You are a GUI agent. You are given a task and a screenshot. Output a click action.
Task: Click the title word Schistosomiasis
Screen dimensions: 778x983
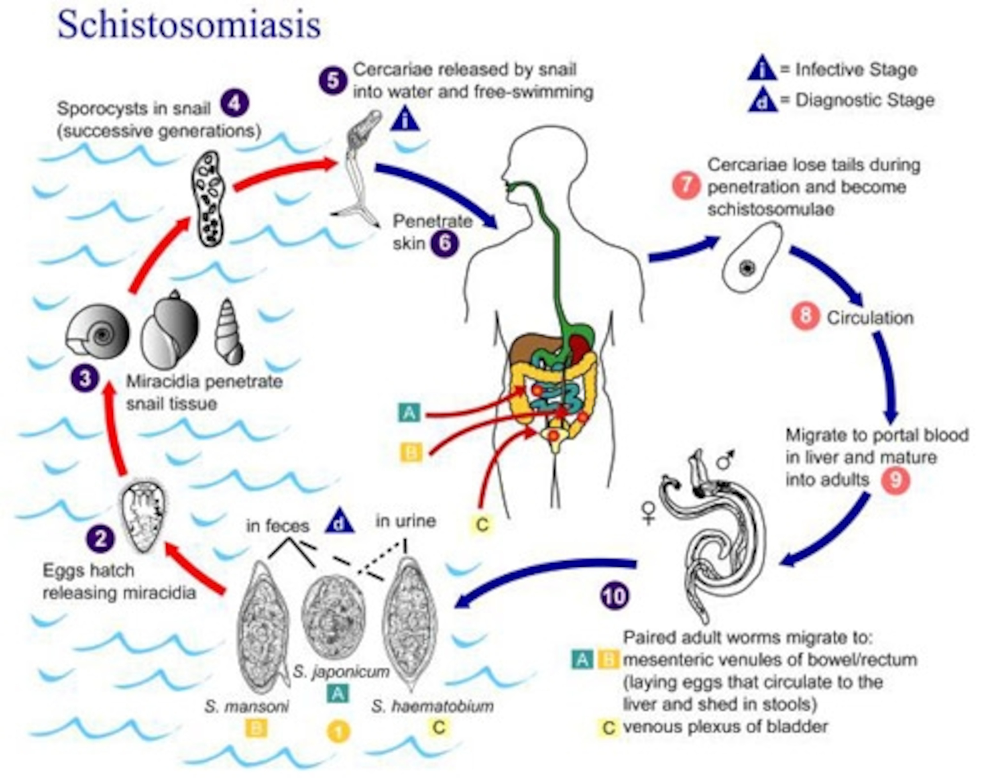189,25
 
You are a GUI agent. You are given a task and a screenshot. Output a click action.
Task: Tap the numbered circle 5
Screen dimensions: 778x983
333,81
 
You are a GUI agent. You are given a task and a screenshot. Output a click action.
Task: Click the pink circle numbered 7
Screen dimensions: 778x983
686,186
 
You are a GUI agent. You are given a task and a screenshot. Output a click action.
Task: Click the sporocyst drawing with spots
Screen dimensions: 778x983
211,198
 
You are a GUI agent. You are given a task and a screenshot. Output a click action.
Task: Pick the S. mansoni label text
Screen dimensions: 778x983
246,706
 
